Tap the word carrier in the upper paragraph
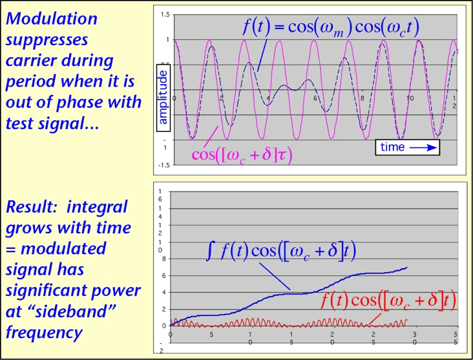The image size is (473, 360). click(33, 61)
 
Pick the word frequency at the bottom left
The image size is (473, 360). click(44, 332)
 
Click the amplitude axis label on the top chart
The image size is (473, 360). click(163, 97)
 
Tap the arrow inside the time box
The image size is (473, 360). click(423, 147)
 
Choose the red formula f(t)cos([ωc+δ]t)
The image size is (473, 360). click(389, 301)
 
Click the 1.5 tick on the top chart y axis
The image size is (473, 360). click(165, 14)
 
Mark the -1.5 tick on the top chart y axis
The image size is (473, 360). click(164, 165)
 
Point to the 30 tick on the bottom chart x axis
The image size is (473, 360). click(414, 338)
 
